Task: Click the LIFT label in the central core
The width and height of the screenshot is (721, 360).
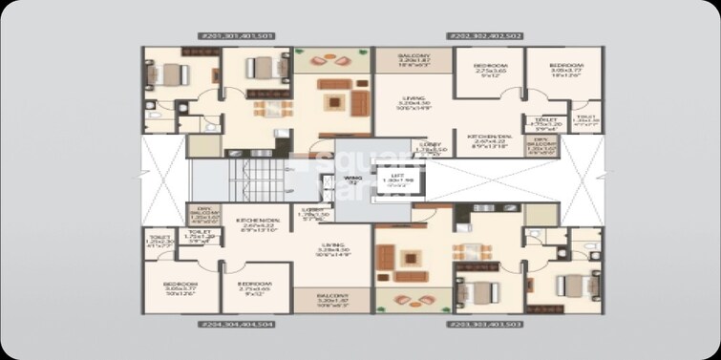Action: pyautogui.click(x=387, y=180)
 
